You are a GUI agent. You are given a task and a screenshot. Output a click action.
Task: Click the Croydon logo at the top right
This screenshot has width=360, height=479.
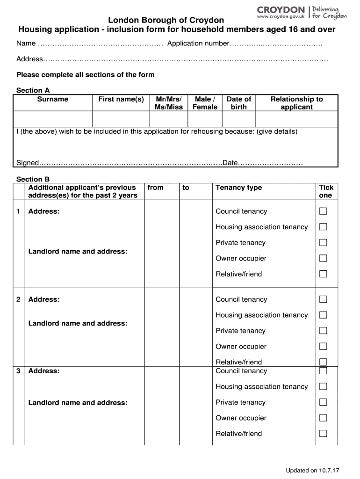[302, 12]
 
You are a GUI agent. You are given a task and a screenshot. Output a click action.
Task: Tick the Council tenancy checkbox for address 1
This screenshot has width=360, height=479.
[323, 211]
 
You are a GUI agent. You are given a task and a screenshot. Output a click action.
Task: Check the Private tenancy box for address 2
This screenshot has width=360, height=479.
[323, 331]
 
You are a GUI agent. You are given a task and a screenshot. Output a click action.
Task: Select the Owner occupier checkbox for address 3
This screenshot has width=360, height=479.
[323, 418]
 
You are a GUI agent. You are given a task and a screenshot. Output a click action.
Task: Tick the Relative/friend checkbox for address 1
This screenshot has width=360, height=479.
[323, 274]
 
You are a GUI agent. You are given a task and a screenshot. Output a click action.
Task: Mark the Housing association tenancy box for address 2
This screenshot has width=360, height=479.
[323, 315]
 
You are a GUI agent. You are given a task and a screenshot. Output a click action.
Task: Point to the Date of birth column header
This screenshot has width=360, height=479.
[238, 103]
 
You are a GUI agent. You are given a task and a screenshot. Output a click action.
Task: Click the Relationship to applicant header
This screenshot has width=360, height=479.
[296, 103]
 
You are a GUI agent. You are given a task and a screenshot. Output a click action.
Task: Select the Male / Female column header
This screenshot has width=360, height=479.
[205, 103]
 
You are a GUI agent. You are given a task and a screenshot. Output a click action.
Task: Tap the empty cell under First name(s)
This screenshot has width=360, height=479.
[121, 118]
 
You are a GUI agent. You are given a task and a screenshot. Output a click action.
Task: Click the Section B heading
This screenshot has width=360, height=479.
[33, 179]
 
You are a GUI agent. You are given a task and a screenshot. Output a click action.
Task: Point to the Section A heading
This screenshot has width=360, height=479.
[33, 90]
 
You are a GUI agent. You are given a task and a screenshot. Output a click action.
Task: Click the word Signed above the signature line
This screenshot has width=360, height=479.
[28, 163]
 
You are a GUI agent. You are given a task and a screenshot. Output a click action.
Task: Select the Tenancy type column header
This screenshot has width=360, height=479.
[238, 188]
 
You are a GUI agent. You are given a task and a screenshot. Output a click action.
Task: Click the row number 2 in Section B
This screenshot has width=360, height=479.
[18, 299]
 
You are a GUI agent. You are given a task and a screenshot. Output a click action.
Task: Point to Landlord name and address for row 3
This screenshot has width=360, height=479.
[78, 402]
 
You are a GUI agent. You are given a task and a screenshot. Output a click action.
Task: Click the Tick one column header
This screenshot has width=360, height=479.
[326, 191]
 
